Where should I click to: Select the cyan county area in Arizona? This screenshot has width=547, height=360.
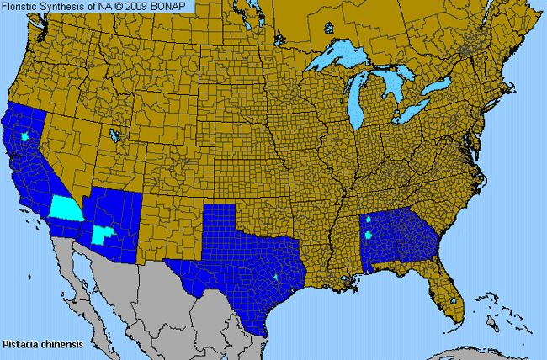point(103,234)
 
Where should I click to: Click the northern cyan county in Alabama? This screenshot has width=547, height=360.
point(369,220)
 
